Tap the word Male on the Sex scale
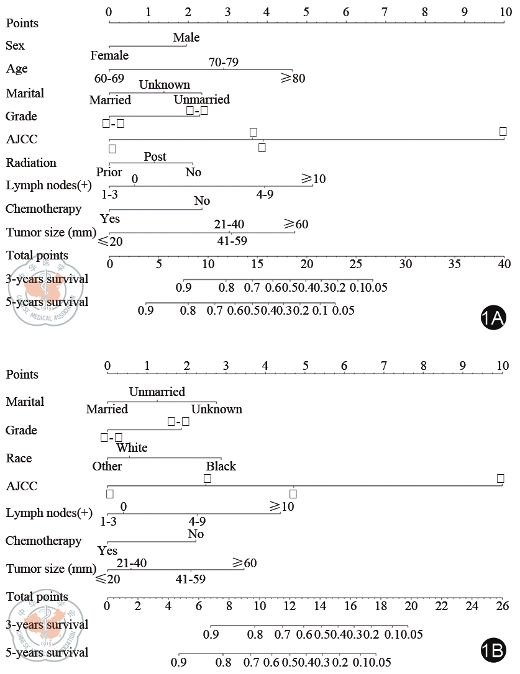(x=186, y=38)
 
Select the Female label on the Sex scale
(x=109, y=56)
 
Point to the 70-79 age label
(x=224, y=62)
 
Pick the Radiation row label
(x=31, y=163)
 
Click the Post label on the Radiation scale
(x=155, y=157)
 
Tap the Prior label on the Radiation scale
(x=109, y=172)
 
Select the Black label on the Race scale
(x=221, y=466)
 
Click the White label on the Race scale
(x=132, y=448)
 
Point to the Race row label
(x=19, y=458)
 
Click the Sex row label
(x=16, y=45)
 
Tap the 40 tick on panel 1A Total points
(x=504, y=263)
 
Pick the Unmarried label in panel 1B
(x=157, y=392)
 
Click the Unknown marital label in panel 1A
(x=164, y=85)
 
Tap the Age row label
(x=17, y=68)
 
